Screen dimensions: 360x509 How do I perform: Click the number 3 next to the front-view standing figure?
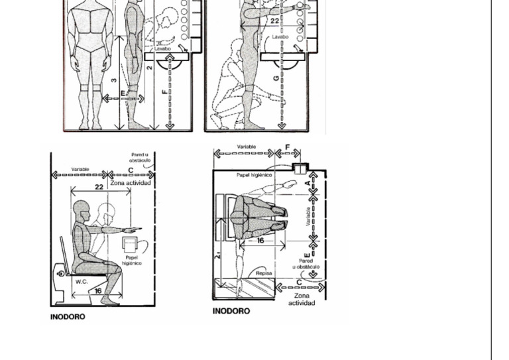114,80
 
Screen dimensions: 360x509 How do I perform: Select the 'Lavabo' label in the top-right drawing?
280,37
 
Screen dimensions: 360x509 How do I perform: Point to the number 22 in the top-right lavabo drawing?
274,21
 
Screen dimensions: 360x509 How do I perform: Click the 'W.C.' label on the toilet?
81,281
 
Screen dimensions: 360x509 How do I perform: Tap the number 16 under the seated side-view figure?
98,291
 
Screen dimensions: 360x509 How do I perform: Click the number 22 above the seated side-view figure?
99,187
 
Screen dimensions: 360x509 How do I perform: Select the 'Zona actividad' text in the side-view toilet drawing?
131,183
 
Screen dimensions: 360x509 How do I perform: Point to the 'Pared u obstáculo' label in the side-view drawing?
140,157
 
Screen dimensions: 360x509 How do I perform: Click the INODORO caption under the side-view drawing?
68,317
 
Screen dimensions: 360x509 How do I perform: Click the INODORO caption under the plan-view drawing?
231,311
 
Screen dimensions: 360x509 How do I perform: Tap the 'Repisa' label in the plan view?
263,273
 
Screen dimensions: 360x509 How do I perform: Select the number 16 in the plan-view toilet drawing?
260,241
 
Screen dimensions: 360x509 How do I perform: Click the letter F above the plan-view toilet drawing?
287,148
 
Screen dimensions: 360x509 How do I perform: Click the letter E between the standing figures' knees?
123,93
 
